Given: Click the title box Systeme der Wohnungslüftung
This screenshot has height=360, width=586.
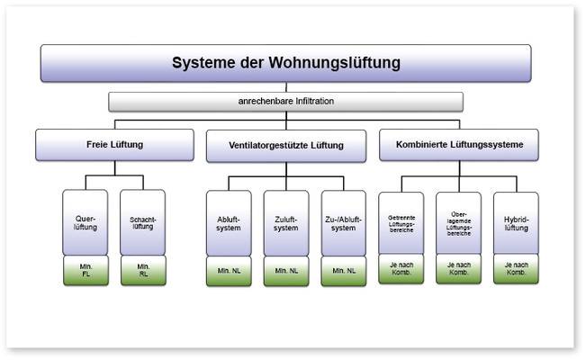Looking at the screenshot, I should point(285,64).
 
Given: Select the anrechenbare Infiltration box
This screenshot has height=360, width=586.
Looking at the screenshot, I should point(285,102).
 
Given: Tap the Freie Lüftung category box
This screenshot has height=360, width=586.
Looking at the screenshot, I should point(114,145).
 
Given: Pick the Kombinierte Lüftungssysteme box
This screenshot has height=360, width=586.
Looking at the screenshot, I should point(458,145).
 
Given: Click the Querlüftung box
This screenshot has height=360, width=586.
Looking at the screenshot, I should point(86,222).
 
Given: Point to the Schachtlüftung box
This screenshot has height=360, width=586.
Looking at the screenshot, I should point(143,222).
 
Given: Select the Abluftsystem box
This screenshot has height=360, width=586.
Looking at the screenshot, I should point(229,223).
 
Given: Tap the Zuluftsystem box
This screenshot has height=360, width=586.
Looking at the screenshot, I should point(286,223).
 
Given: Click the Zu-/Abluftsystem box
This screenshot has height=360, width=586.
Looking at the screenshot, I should point(344,223).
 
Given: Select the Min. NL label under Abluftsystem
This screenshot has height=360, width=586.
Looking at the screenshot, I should point(229,271).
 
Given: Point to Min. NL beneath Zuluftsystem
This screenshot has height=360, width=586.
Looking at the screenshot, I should point(286,271).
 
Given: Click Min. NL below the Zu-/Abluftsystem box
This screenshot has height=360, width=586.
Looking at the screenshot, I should point(344,271).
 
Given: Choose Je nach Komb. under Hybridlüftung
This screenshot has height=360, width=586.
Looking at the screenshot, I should point(516,270).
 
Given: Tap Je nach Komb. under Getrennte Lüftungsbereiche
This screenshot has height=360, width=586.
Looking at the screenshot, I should point(401,270).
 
